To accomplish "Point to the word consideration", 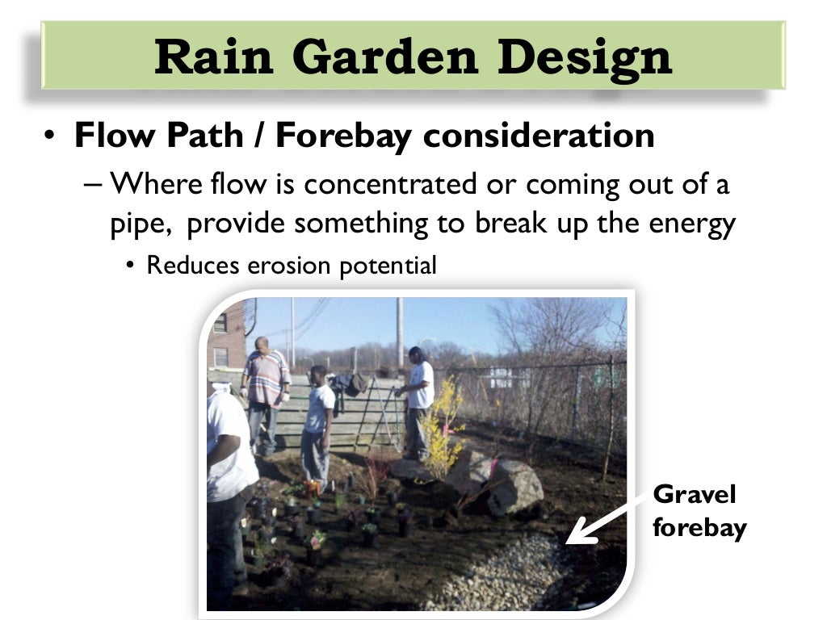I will coord(539,136).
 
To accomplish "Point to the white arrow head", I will coord(576,535).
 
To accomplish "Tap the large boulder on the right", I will coord(514,487).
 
